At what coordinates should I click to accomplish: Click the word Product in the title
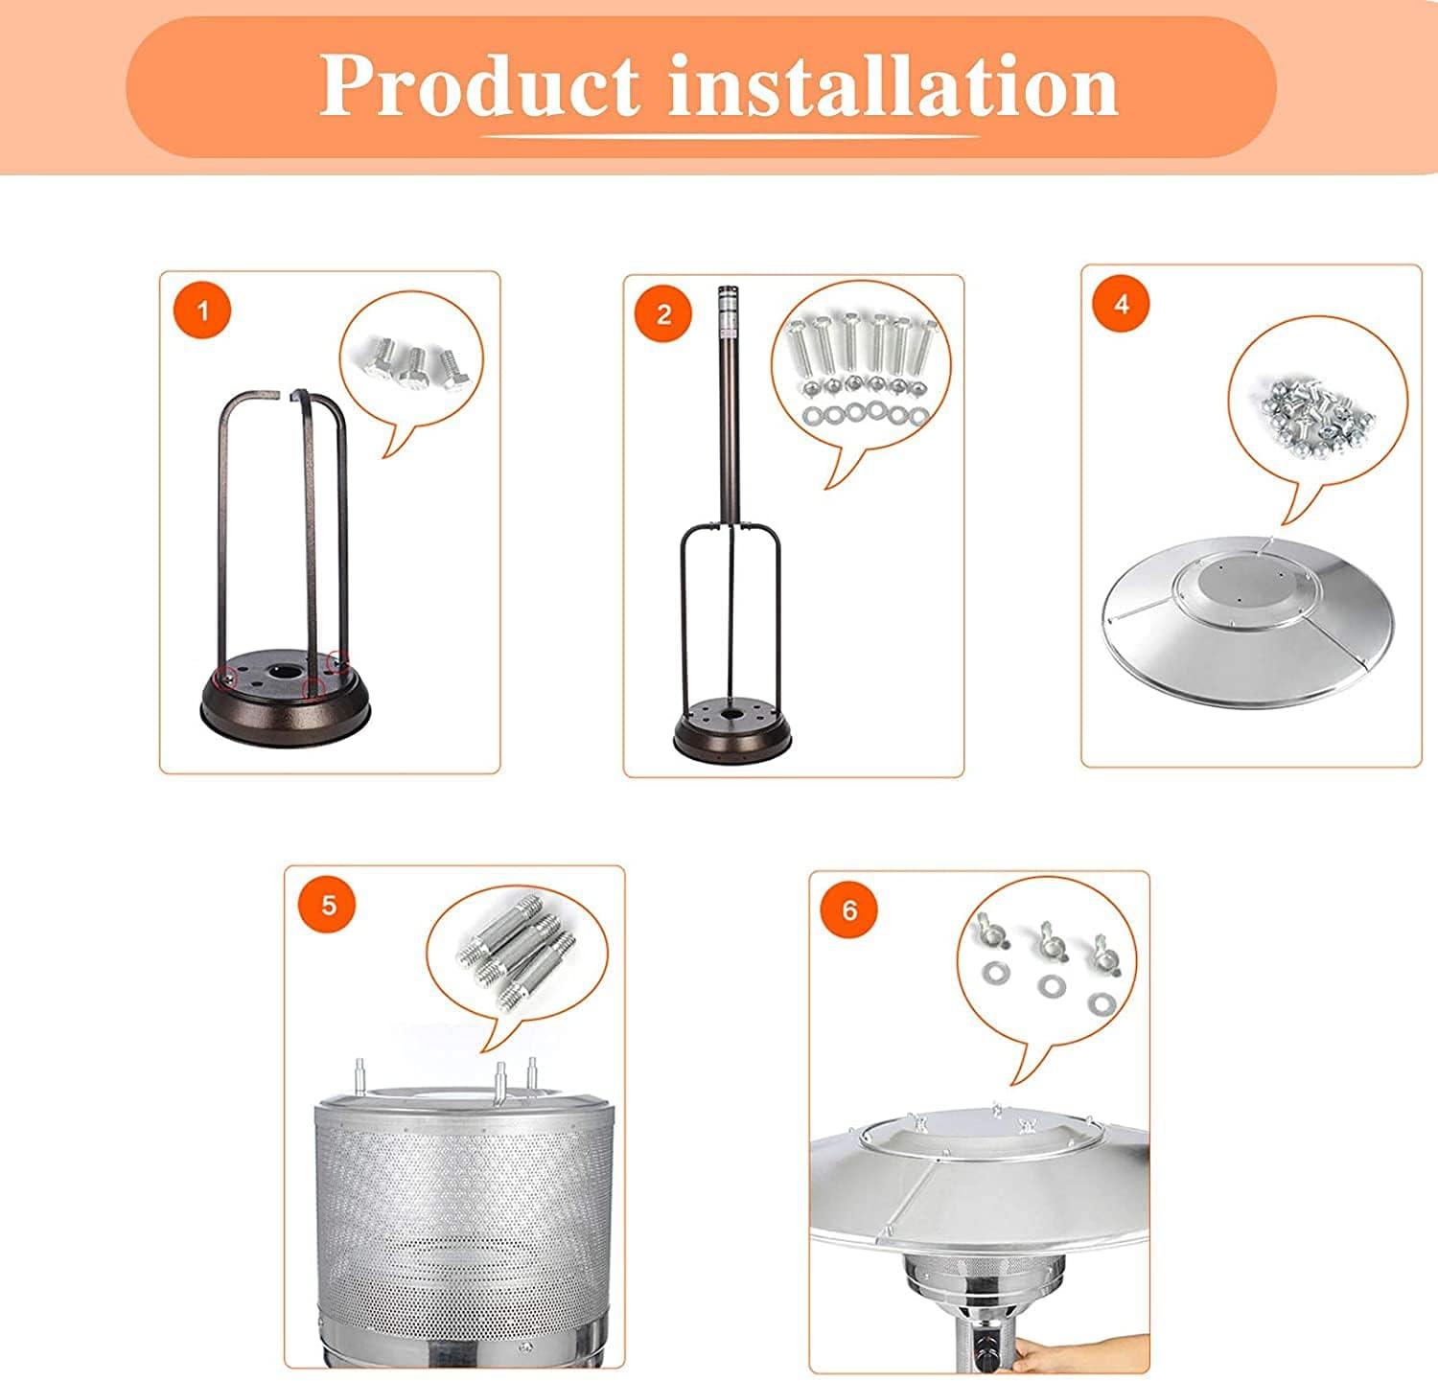click(479, 86)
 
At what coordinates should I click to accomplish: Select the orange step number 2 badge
click(664, 314)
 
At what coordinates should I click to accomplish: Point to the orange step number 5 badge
click(329, 905)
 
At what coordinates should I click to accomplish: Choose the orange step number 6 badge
click(849, 909)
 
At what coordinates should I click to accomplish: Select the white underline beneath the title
click(729, 137)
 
